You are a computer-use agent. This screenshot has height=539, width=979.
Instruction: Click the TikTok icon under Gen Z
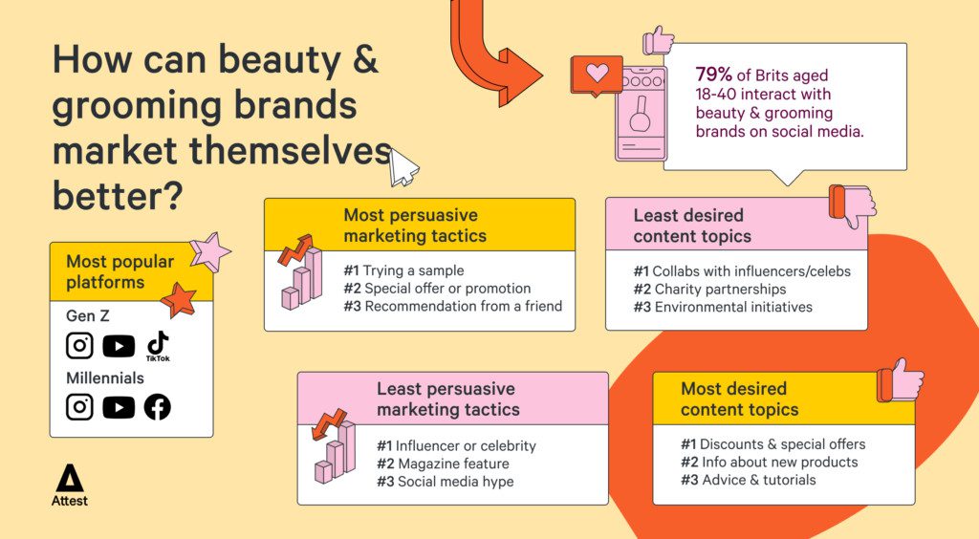pos(158,346)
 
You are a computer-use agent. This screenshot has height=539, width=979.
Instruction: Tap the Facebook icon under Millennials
pos(158,407)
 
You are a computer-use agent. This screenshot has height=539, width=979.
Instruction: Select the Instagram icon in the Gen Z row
pos(80,346)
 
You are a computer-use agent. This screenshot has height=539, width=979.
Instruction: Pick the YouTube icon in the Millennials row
pos(119,408)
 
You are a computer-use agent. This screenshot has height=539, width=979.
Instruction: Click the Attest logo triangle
pos(69,479)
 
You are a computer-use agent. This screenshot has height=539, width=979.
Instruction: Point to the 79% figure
pos(713,75)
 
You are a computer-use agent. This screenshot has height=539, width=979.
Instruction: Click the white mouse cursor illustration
pos(402,167)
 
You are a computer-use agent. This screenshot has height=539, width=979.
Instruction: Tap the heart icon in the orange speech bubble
pos(597,73)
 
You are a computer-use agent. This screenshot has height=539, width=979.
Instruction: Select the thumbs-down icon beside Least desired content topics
pos(852,205)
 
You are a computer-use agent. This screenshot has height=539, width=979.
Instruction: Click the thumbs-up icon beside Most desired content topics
pos(901,380)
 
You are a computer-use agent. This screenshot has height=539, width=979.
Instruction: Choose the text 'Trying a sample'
pos(413,270)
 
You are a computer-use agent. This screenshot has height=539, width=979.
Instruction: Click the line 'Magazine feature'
pos(453,464)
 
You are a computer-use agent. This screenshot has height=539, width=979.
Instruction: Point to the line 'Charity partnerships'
pos(720,290)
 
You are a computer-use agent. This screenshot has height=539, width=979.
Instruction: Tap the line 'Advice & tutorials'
pos(758,480)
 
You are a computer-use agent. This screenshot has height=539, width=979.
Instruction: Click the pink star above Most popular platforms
pos(209,252)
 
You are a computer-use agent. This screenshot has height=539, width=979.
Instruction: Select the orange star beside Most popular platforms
pos(179,300)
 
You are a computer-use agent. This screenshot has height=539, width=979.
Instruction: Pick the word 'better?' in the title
pos(118,195)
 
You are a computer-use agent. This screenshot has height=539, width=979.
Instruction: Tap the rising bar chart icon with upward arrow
pos(300,272)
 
